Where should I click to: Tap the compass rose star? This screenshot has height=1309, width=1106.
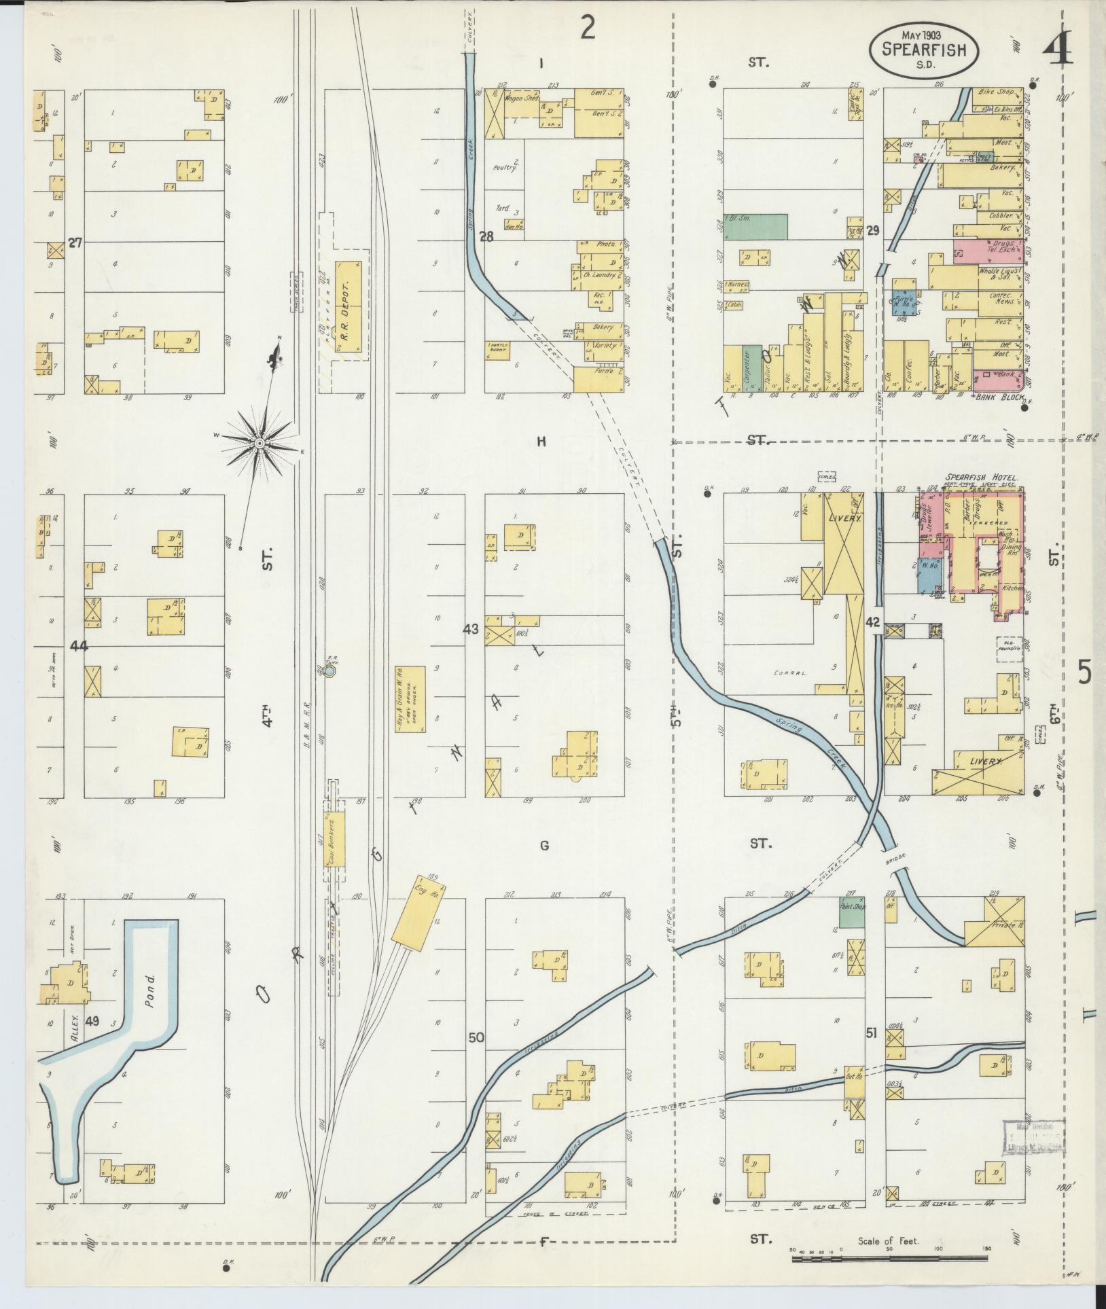(260, 444)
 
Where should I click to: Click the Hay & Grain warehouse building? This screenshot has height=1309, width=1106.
(411, 699)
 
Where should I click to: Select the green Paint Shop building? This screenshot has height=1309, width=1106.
(851, 915)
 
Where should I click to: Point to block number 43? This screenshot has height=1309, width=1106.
(471, 629)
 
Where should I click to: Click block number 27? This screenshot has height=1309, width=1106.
(75, 242)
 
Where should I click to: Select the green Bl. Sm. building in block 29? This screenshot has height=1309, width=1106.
(755, 226)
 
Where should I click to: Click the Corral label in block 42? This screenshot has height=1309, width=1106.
(789, 673)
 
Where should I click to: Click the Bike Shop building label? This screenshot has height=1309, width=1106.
(996, 91)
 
